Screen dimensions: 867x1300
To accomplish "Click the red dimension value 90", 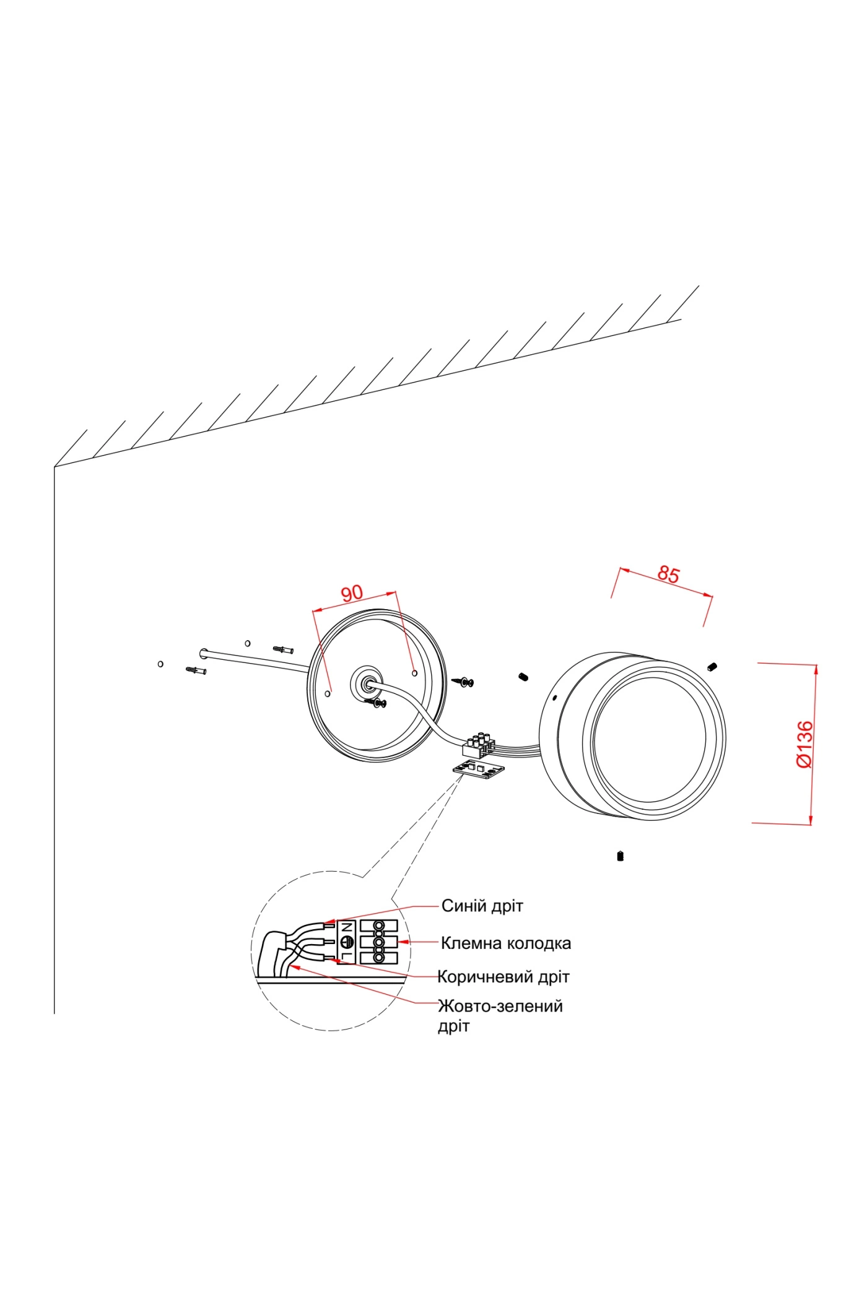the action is pos(352,593).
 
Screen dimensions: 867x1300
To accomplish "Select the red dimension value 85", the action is pos(668,574).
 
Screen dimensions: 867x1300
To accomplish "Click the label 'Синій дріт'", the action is pos(482,906).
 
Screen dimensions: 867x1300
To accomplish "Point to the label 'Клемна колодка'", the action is pos(505,943).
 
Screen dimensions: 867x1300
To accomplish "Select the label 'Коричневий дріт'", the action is pos(503,977).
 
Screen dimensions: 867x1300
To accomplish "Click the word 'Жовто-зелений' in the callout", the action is pos(500,1006).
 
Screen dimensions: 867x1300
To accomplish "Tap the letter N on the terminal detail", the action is pos(347,927).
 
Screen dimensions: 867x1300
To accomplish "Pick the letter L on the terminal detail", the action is pos(347,956).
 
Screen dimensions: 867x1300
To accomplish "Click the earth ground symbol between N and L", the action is pos(347,942).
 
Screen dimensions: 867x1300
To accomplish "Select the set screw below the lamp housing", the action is pos(620,856).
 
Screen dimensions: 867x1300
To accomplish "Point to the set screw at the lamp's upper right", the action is pos(712,667).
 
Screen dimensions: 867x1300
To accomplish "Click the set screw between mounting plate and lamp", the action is pos(523,677).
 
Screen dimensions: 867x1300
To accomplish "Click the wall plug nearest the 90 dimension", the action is pos(283,649).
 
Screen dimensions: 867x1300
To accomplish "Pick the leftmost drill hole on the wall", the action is pos(160,664).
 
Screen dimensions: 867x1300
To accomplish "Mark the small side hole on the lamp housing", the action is pos(554,698).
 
